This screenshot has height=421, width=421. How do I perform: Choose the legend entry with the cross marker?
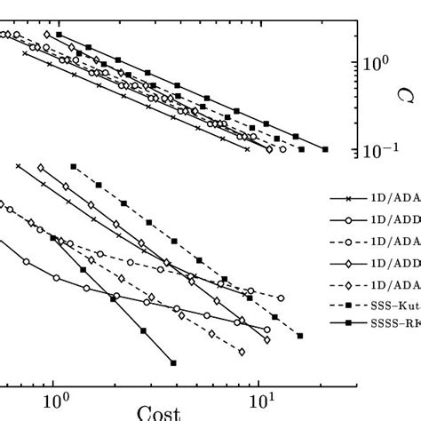click(x=373, y=201)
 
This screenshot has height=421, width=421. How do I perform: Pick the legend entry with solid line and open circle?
click(x=373, y=218)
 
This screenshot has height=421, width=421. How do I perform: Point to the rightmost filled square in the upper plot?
click(x=325, y=149)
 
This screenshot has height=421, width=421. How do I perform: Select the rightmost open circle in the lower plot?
click(x=281, y=298)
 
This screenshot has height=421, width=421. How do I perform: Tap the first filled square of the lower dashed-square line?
click(x=74, y=166)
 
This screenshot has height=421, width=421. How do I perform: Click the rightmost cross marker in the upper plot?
click(x=246, y=148)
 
